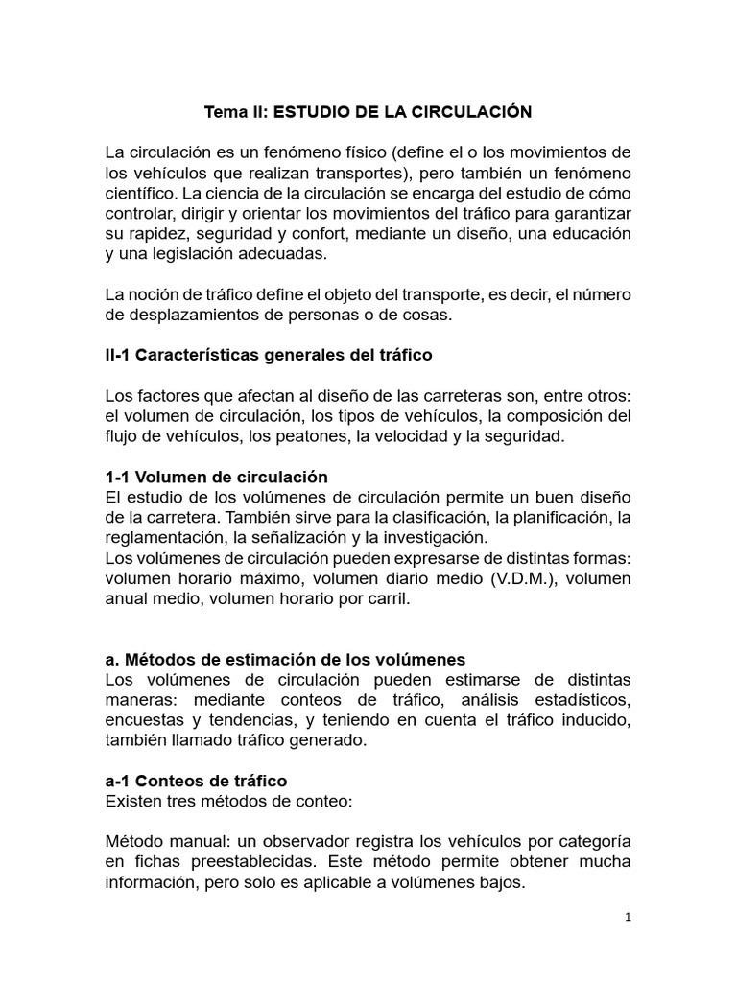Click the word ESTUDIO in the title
coord(310,112)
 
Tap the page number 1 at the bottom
coord(628,918)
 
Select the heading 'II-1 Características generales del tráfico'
coord(269,355)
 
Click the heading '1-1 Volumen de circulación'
coord(216,477)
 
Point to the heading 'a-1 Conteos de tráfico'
coord(196,781)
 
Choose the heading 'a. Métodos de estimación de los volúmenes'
coord(285,660)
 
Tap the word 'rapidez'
coord(155,233)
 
